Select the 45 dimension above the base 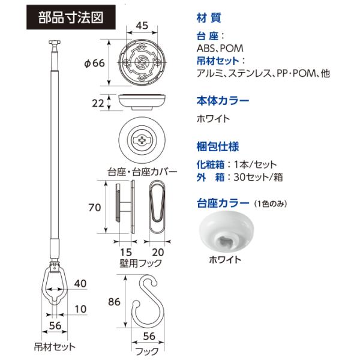coord(142,26)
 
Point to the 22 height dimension coord(99,103)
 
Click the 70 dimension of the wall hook coord(94,208)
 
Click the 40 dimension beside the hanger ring coord(82,283)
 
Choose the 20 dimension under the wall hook coord(158,251)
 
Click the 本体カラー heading coord(222,100)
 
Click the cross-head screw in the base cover coord(142,142)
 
